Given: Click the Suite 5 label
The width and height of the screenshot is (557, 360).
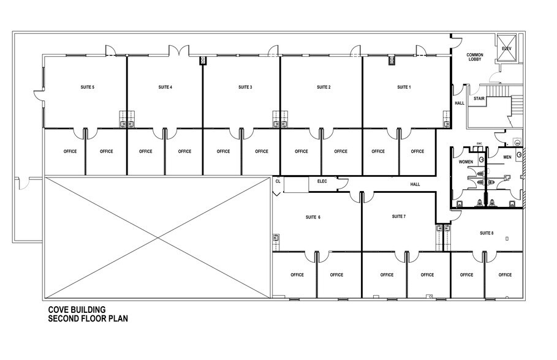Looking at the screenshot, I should coord(87,88).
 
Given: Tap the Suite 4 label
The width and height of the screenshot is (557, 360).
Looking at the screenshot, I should coord(165,88).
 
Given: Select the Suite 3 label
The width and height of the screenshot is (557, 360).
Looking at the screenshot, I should coord(245,88).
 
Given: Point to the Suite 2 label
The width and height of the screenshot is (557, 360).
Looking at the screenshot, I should coord(324,88).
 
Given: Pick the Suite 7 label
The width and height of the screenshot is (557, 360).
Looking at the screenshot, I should coord(398,217).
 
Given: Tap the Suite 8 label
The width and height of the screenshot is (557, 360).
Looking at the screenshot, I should coord(487,233).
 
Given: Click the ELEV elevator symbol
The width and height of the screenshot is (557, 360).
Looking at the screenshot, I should coord(507,48).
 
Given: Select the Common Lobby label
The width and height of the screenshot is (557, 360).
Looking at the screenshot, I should coord(475,58).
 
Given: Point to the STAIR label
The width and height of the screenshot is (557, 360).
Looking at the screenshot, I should coord(479,99).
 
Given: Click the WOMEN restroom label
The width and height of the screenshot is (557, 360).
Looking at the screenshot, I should coord(466,162).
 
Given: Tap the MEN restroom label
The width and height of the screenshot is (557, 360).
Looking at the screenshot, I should coord(507,157).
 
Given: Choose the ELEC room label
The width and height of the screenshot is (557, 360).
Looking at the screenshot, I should coord(322,181).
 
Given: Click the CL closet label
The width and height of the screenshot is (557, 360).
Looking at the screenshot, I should coord(278,181).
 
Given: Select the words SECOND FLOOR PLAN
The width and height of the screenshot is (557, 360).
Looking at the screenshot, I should coord(88,318).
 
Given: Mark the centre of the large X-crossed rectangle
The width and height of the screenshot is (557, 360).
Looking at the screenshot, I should coord(157,238).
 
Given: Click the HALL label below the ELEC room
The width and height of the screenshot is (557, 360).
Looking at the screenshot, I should coord(415,184).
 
